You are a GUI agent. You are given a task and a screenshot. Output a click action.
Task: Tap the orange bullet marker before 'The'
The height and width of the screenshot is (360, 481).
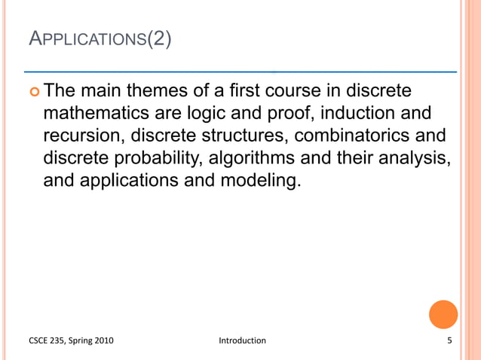(x=33, y=92)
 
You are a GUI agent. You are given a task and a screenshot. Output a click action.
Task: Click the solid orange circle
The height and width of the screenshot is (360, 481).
(x=443, y=314)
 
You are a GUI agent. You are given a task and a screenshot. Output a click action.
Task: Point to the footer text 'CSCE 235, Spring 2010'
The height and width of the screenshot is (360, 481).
(x=71, y=340)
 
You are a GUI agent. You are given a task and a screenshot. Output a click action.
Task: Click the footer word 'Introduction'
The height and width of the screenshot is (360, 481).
(x=242, y=340)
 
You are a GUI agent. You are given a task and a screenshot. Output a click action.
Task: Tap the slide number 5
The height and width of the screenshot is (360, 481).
(x=449, y=340)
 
